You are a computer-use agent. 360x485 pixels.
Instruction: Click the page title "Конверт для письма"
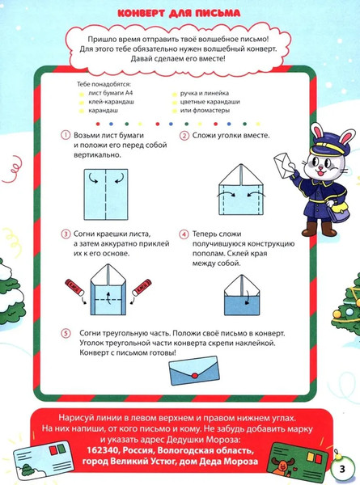click(179, 13)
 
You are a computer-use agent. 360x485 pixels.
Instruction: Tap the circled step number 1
click(66, 136)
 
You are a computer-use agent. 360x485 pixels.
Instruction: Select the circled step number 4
click(184, 234)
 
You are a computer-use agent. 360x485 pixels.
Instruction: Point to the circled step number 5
click(66, 333)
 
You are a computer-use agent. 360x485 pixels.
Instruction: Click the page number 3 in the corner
click(341, 469)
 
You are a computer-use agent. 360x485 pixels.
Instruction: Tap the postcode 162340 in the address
click(104, 450)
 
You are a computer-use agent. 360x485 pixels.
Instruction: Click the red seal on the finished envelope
click(195, 376)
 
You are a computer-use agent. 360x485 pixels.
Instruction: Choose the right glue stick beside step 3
click(142, 287)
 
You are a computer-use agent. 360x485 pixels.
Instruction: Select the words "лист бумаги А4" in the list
click(111, 93)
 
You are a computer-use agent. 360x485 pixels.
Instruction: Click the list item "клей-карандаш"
click(111, 102)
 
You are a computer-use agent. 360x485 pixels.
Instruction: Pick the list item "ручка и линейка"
click(205, 93)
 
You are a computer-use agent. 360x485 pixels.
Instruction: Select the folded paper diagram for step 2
click(241, 190)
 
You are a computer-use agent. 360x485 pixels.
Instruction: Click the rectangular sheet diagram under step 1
click(106, 194)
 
